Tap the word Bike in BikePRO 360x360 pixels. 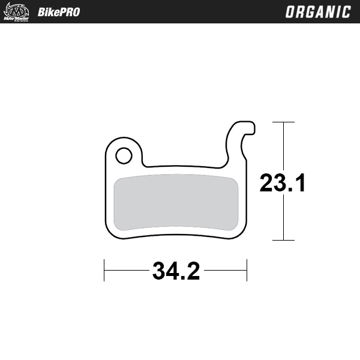[47, 12]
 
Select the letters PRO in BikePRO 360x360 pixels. [69, 12]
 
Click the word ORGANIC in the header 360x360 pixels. [318, 12]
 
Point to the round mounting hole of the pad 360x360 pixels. [124, 155]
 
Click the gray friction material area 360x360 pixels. [176, 203]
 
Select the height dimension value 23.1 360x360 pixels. [283, 184]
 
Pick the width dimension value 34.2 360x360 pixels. [176, 271]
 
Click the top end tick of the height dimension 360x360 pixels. [283, 122]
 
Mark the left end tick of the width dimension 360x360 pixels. [105, 271]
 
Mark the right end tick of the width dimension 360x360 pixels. [247, 271]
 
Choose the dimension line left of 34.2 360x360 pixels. [126, 271]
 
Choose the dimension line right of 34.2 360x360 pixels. [225, 271]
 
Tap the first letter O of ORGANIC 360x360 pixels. [290, 12]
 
